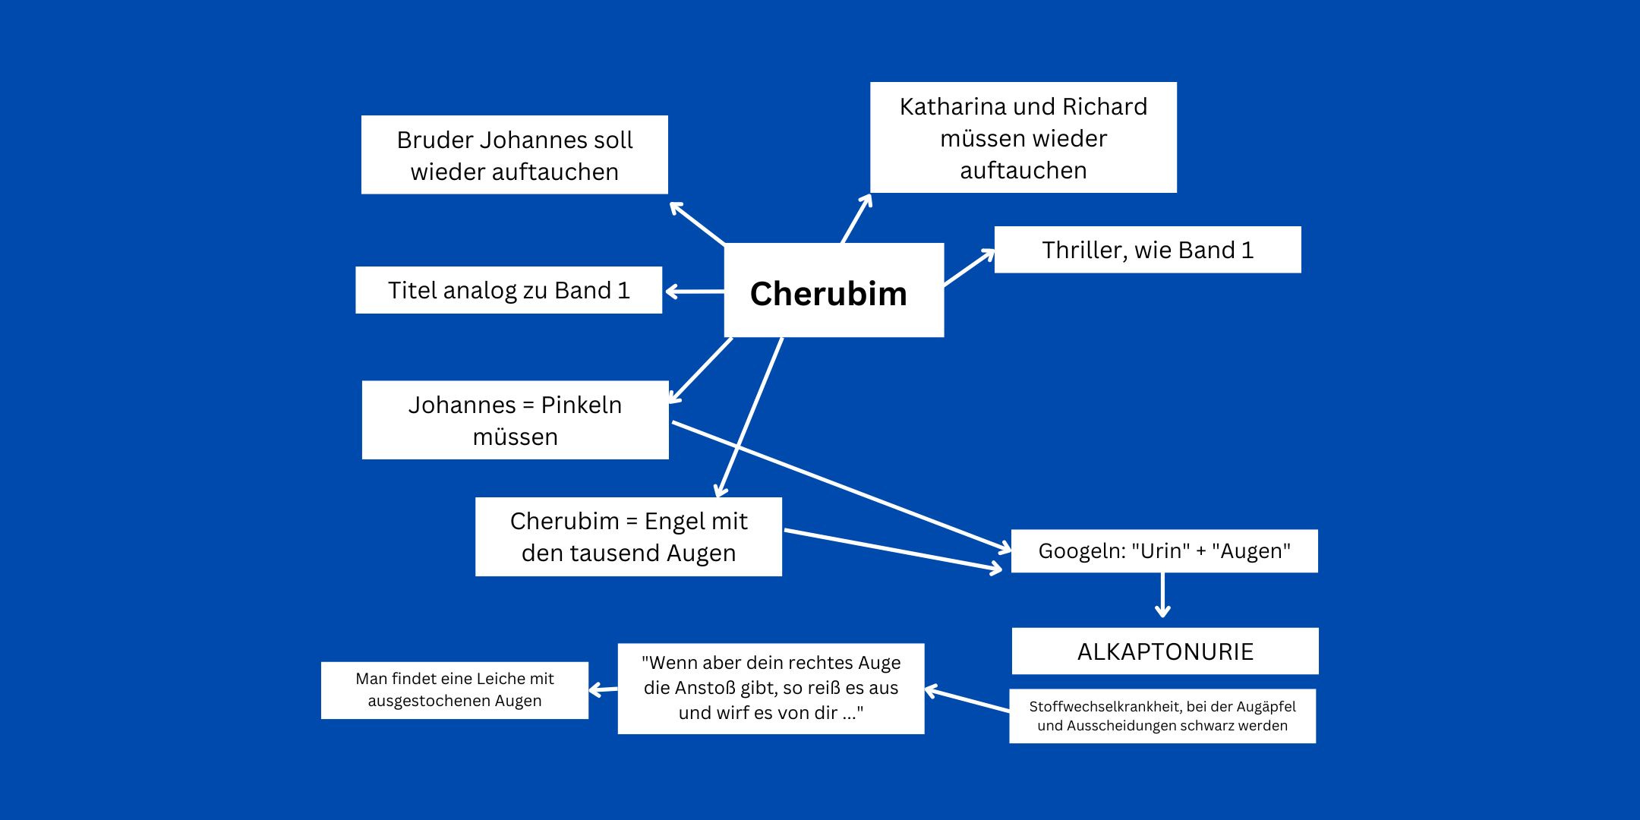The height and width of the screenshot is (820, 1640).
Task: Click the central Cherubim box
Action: [x=834, y=290]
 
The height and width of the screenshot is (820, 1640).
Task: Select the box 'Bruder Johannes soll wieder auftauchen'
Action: [x=514, y=155]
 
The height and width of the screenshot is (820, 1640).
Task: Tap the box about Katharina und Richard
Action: [x=1023, y=137]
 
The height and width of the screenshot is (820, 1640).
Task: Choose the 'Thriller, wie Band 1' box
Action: [x=1147, y=250]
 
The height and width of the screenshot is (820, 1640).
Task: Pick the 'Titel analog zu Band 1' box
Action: [x=509, y=290]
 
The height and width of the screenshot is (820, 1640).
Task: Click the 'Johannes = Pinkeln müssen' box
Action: [x=515, y=420]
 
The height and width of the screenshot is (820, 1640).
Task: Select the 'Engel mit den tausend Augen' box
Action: [x=628, y=537]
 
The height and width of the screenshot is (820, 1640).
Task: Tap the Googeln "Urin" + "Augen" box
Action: [x=1164, y=551]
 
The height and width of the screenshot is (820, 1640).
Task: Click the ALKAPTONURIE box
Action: [x=1165, y=651]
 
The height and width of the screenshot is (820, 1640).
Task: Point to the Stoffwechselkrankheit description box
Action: [x=1162, y=716]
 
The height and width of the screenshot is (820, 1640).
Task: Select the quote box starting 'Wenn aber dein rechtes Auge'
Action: [x=771, y=688]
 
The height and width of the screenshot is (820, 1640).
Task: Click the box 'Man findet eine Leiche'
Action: [x=454, y=689]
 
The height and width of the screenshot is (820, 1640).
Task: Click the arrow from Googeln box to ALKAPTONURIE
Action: [x=1162, y=595]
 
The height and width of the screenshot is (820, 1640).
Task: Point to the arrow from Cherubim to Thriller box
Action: [x=969, y=268]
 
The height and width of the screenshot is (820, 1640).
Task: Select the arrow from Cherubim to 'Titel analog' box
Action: [x=694, y=291]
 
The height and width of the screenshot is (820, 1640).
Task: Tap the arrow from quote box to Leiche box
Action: [x=604, y=689]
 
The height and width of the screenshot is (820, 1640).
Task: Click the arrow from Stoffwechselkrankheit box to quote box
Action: [x=967, y=700]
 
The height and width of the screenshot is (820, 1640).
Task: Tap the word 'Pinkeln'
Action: [x=581, y=405]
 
